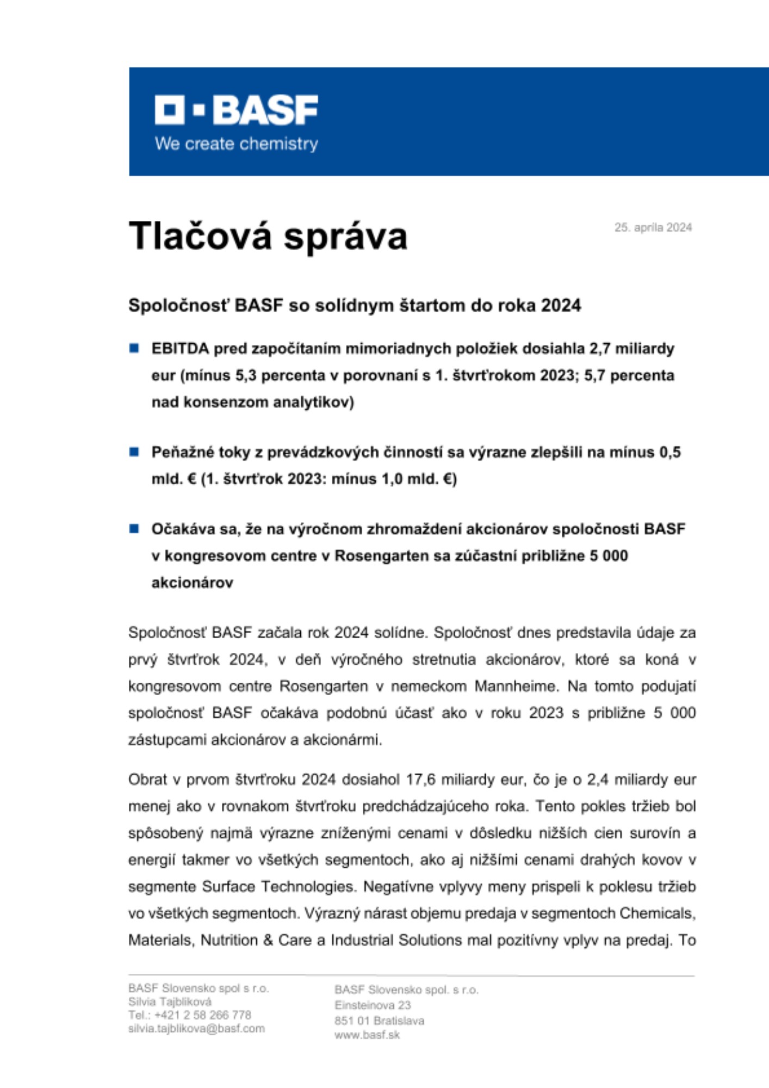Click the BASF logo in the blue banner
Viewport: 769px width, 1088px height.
click(x=236, y=110)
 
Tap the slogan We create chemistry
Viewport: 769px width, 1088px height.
click(x=236, y=144)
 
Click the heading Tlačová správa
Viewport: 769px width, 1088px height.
click(x=268, y=236)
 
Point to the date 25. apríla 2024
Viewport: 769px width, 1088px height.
click(x=653, y=227)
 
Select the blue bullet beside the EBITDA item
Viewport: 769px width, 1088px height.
click(x=134, y=348)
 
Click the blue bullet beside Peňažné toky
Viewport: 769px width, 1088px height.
click(x=134, y=452)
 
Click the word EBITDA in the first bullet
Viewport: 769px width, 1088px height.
click(x=180, y=349)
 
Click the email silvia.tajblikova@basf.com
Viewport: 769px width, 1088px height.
click(x=196, y=1029)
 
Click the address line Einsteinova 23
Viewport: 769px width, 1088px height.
click(x=373, y=1005)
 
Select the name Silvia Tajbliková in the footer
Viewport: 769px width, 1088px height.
click(x=170, y=1002)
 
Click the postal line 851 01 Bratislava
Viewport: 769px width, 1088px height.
click(x=379, y=1021)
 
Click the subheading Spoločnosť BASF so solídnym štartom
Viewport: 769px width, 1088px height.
click(x=355, y=306)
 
